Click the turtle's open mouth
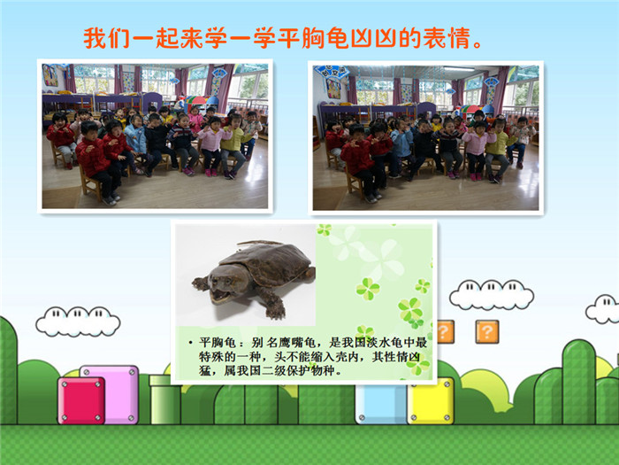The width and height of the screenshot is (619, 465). click(220, 295)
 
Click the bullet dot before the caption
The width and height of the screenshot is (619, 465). click(190, 343)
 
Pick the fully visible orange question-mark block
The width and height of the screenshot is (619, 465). click(487, 331)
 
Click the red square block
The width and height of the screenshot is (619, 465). click(81, 400)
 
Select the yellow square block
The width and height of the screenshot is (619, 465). click(431, 401)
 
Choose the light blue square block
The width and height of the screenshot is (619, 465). click(381, 404)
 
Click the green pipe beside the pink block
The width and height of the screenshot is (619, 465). click(164, 399)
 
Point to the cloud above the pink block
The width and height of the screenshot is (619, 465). click(78, 322)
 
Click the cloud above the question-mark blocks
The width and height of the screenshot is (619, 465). click(492, 295)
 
